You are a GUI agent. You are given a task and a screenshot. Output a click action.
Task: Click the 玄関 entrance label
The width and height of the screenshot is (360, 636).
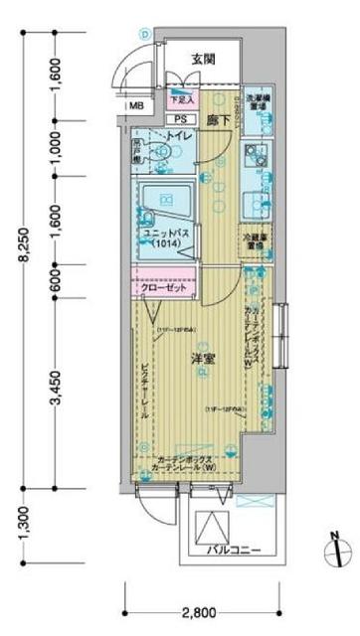pos(205,59)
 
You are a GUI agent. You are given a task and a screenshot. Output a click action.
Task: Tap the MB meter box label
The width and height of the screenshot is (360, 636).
pos(133,102)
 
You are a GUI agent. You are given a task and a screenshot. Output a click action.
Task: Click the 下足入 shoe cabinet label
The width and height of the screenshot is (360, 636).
pos(181,98)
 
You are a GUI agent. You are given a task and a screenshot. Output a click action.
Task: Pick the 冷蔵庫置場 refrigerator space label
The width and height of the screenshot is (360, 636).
pos(257,240)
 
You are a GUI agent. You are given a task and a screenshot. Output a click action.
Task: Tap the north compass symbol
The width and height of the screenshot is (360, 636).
pos(335,547)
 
